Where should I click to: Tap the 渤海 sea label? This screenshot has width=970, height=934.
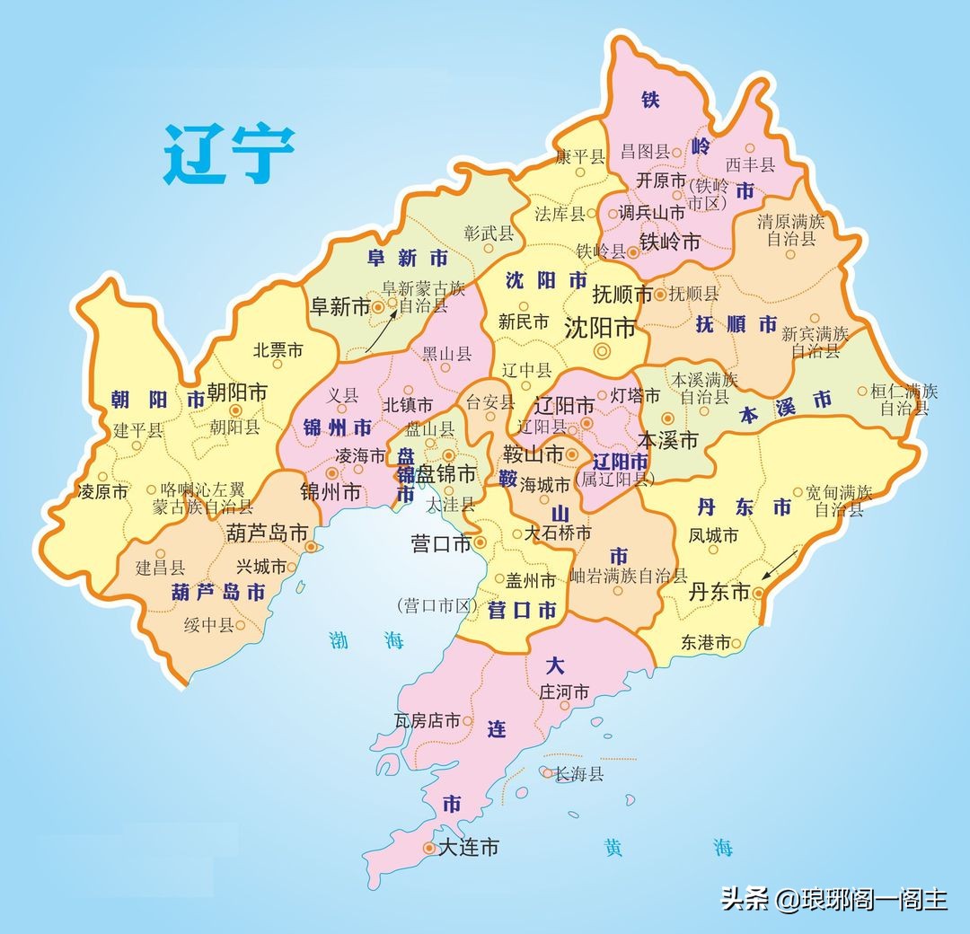[366, 640]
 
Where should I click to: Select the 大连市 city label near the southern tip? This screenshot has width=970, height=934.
[467, 847]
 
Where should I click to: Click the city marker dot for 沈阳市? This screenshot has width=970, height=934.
[601, 350]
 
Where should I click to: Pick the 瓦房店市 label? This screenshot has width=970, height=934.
[428, 721]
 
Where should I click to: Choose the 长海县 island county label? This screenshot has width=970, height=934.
[579, 773]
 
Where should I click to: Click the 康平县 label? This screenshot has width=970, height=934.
[579, 156]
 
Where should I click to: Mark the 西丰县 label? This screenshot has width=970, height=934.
[750, 164]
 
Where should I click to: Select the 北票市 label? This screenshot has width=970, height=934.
[278, 350]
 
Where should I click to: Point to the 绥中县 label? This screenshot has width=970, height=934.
[208, 625]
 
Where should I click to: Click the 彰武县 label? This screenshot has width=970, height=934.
[489, 234]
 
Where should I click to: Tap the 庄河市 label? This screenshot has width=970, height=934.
[564, 692]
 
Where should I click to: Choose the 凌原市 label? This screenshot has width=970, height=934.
[103, 491]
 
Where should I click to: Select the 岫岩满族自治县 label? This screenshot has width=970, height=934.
[629, 576]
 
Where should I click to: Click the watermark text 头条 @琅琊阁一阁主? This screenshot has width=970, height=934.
[834, 899]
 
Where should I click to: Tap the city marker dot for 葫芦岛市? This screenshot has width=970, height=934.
[311, 546]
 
